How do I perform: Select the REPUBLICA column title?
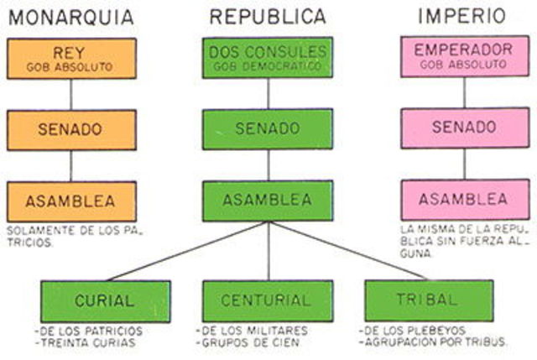268,16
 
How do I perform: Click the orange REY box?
71,58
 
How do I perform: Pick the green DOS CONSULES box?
268,57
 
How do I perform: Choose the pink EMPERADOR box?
464,56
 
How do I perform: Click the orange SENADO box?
71,130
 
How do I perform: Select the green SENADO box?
268,129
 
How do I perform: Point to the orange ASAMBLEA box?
71,201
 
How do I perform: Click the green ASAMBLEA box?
268,201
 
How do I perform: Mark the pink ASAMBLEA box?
464,200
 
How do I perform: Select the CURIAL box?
105,300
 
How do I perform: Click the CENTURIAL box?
267,300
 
